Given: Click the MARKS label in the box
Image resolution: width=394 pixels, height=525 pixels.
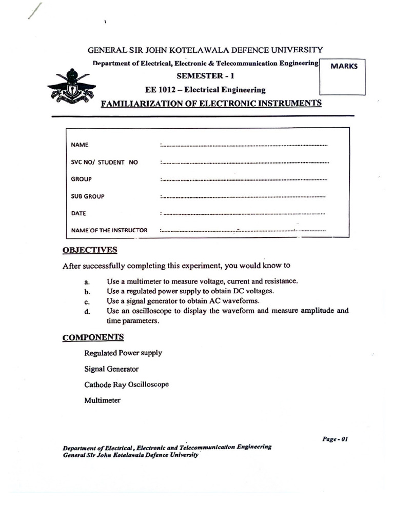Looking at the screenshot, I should click(344, 66).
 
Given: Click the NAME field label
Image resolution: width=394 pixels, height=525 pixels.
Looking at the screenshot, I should click(80, 145).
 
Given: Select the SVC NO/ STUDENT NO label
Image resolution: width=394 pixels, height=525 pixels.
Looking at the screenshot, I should click(105, 162).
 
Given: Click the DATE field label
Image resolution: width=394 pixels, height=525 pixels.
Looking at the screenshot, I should click(78, 213).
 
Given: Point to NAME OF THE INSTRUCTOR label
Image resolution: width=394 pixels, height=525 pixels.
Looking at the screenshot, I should click(109, 230).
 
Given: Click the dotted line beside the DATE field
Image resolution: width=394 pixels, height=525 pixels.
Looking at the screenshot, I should click(244, 213).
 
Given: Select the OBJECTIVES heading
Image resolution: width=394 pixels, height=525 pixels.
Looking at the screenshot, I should click(90, 250).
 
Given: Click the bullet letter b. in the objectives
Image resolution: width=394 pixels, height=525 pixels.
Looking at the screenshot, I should click(88, 291).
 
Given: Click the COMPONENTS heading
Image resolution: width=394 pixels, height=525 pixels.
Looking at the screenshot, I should click(93, 337).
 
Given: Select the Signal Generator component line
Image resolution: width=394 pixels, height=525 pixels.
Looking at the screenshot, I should click(111, 369).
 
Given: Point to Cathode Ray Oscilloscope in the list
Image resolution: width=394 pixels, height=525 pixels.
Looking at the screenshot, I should click(126, 384).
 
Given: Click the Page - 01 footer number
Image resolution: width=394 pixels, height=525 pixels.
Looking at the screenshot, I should click(336, 439).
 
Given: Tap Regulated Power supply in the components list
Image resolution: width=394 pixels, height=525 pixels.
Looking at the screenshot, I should click(123, 353).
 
